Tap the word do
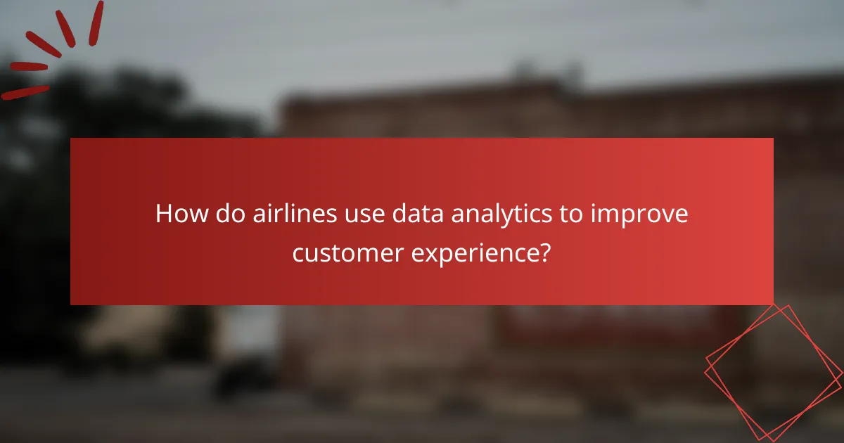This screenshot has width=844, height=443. coord(230,214)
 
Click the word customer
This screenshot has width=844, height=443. coord(345,252)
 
